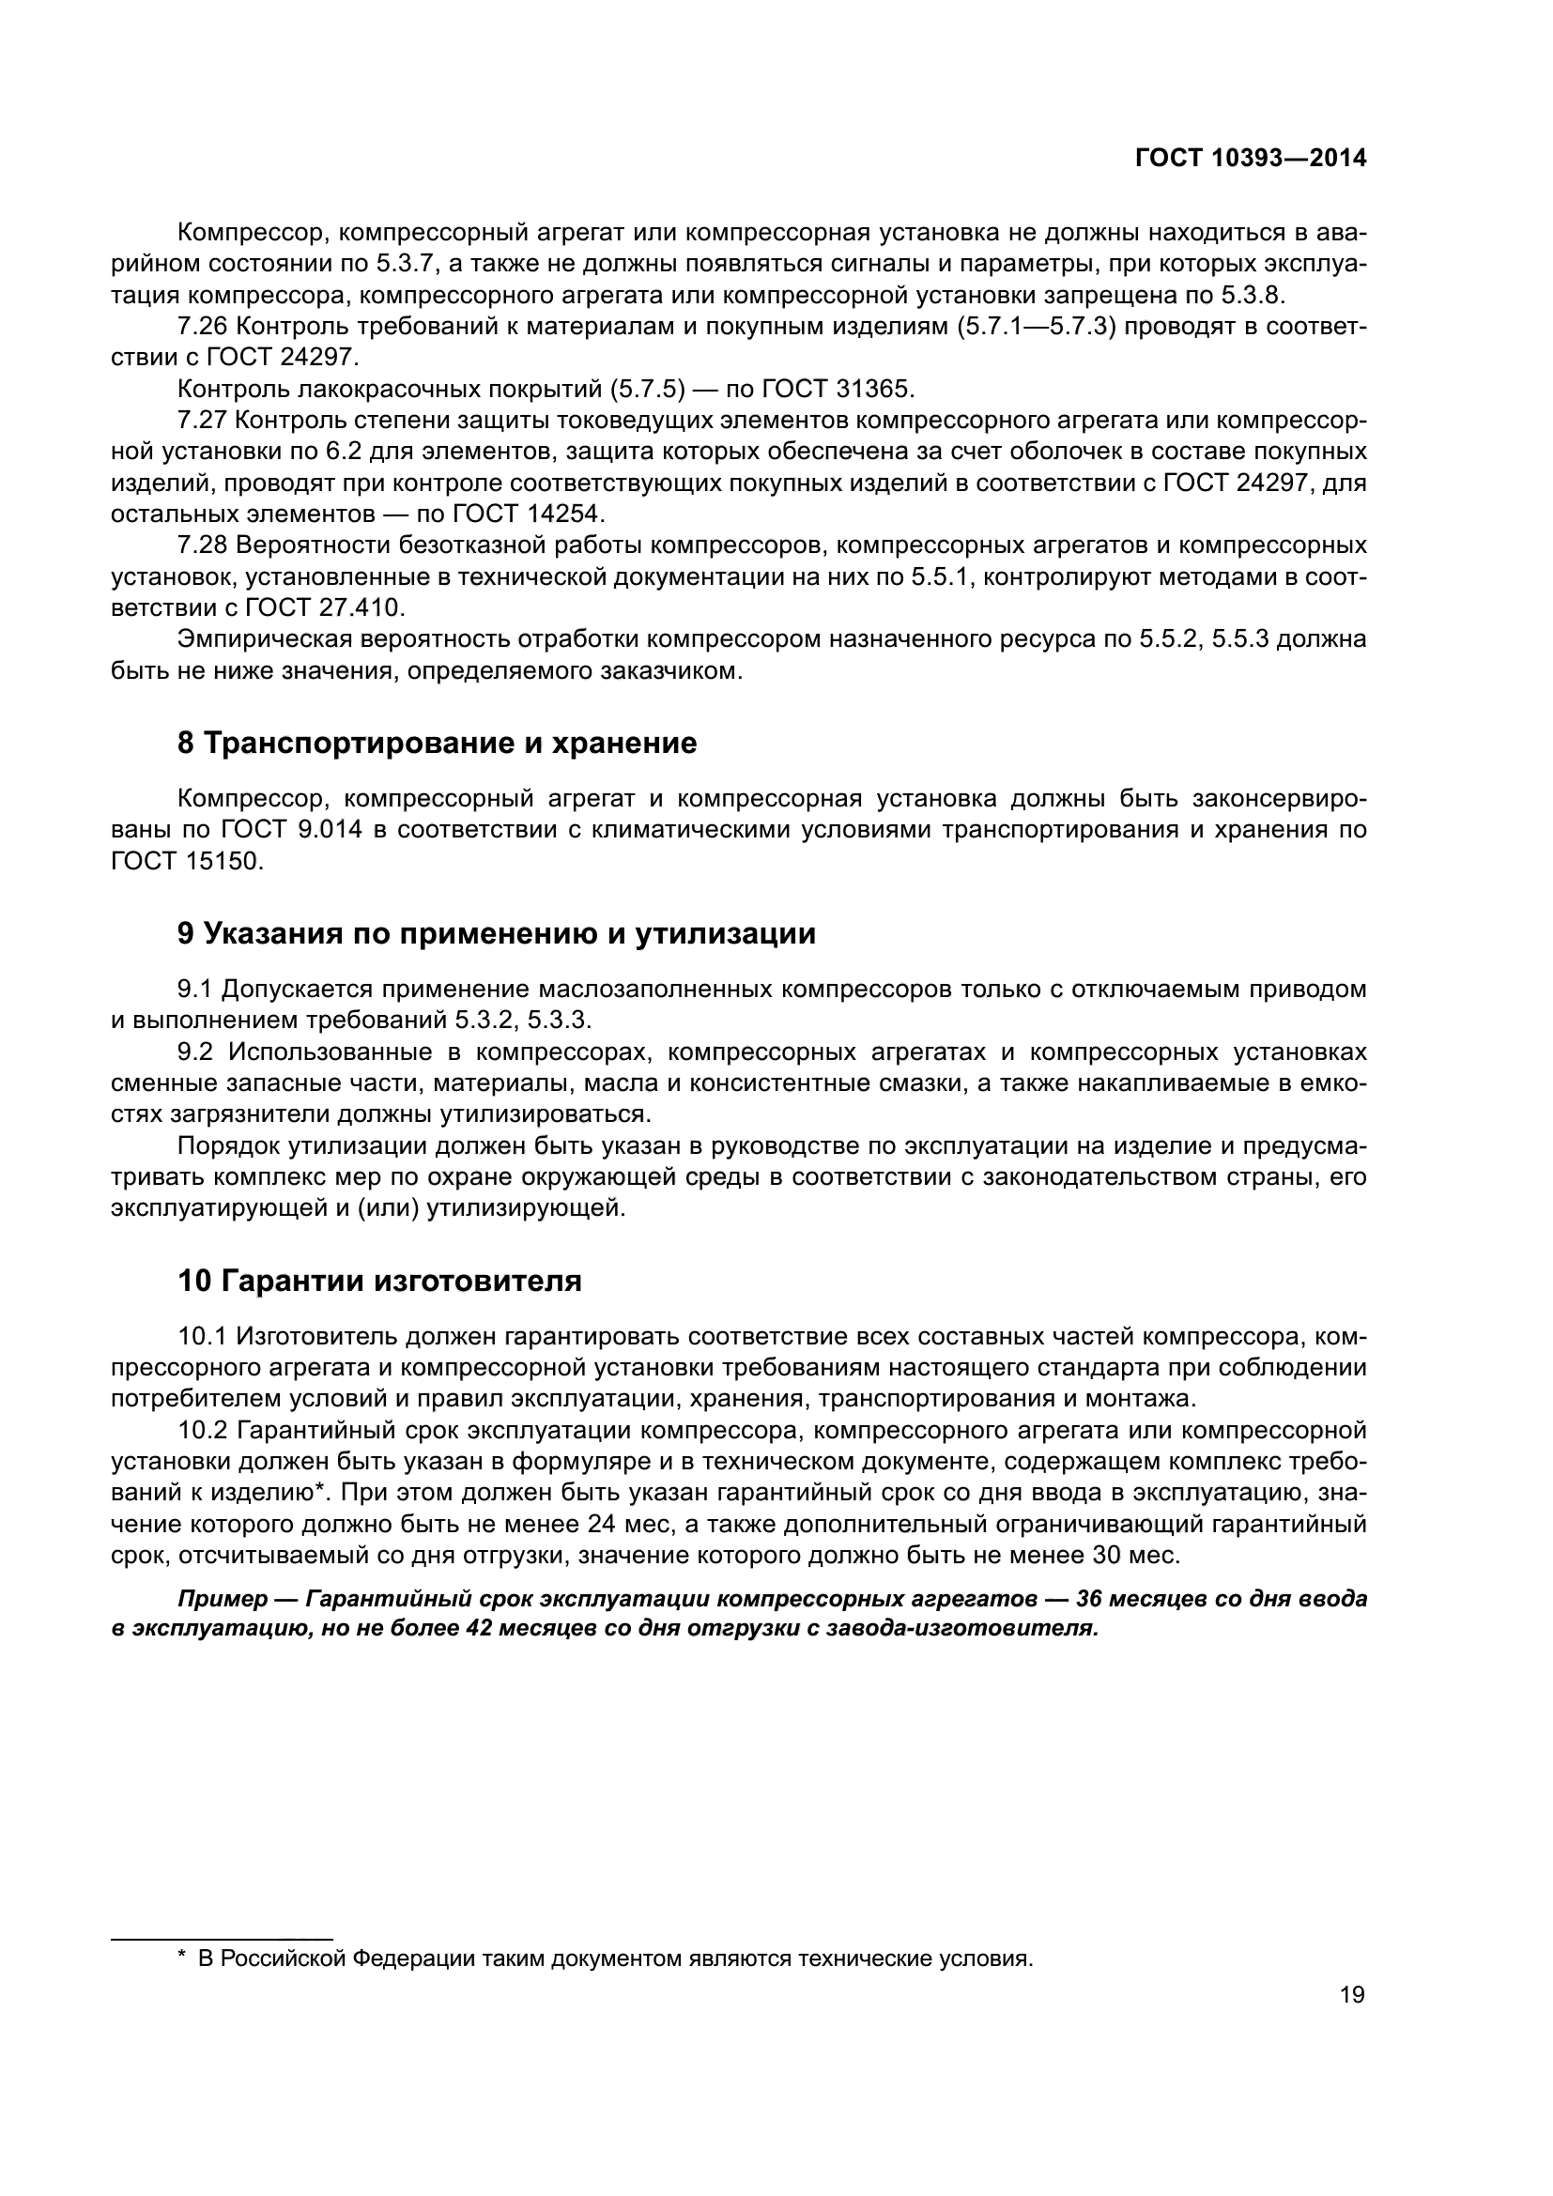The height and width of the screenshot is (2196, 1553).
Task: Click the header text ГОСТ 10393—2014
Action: point(1250,159)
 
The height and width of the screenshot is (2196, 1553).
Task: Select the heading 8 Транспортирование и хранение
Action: point(437,744)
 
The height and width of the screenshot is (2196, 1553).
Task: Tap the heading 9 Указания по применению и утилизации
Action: point(497,933)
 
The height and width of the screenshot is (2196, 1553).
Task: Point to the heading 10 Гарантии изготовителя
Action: point(379,1281)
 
